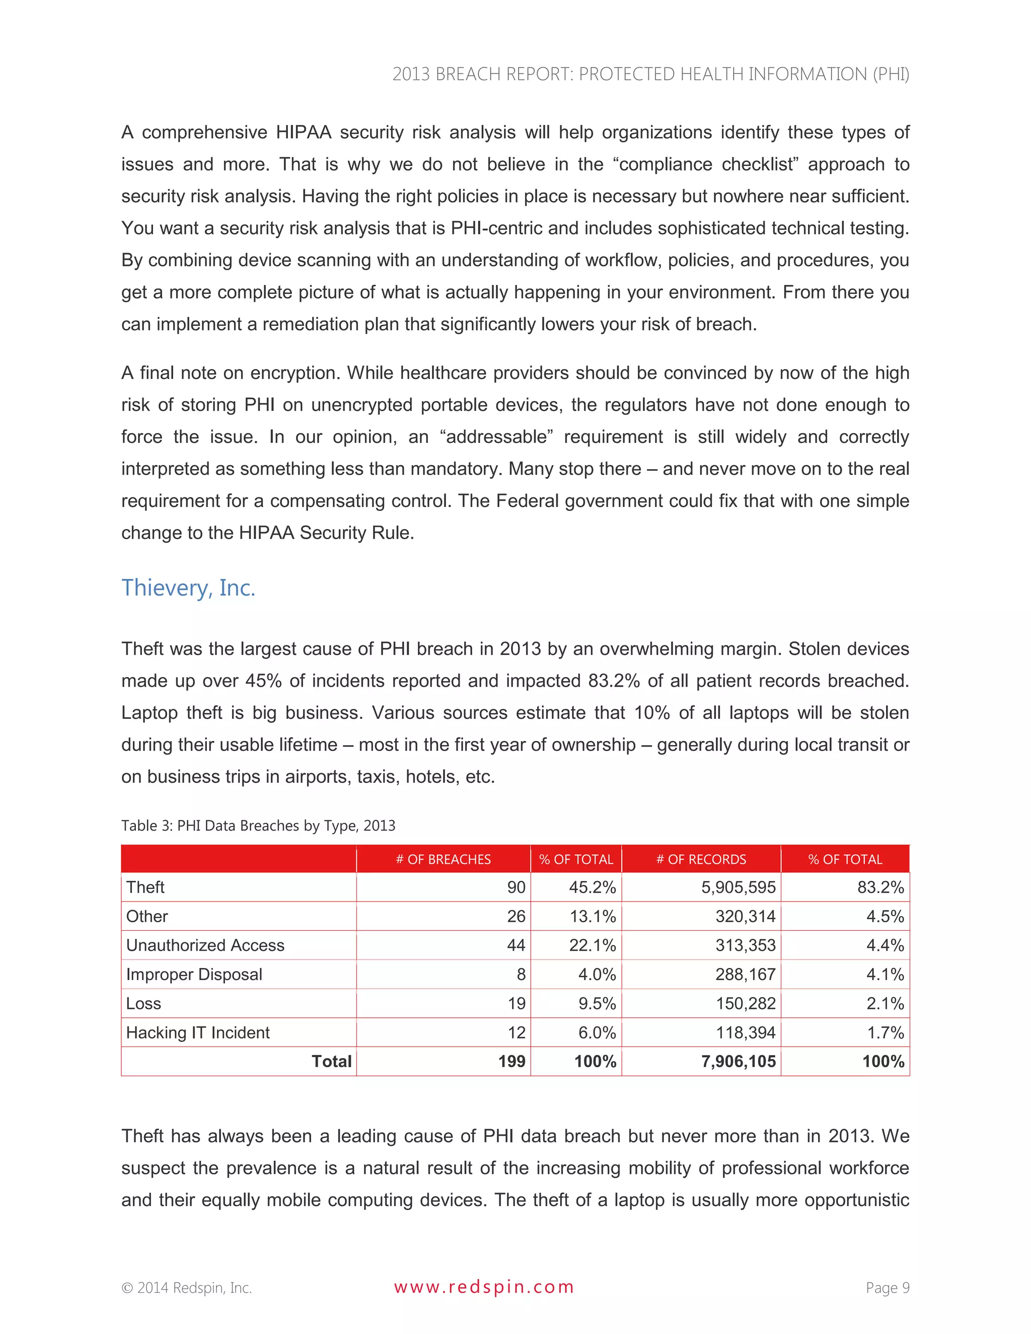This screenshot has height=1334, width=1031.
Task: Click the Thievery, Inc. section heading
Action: (188, 587)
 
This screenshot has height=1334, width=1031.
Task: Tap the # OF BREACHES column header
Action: (443, 859)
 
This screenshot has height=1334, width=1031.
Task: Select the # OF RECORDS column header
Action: (701, 859)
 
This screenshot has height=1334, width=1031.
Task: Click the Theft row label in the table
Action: (145, 887)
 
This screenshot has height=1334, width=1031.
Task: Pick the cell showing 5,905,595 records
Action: (738, 887)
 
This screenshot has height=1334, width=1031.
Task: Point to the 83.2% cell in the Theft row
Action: (880, 887)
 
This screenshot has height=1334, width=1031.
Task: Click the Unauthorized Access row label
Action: (205, 945)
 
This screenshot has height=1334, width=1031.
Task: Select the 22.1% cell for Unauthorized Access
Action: (592, 945)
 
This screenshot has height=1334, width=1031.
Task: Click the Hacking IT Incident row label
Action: (197, 1032)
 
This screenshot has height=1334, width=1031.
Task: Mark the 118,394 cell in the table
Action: (745, 1032)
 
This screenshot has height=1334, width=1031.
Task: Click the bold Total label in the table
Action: (332, 1062)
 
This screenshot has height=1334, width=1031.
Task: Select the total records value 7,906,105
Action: (738, 1062)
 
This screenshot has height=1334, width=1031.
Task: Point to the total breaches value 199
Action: (511, 1062)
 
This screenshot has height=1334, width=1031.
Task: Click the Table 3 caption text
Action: (258, 826)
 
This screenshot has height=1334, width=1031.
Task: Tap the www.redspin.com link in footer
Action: (484, 1287)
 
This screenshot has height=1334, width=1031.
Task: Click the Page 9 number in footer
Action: (888, 1288)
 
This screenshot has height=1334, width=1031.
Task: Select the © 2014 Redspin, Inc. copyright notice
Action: (186, 1288)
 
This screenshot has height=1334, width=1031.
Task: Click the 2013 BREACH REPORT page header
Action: (650, 74)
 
